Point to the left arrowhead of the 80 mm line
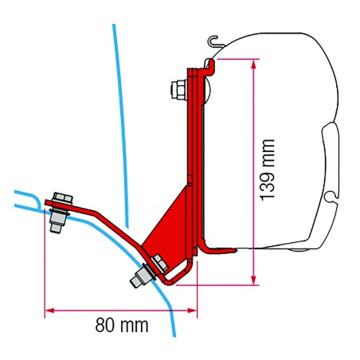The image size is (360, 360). tap(48, 309)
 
